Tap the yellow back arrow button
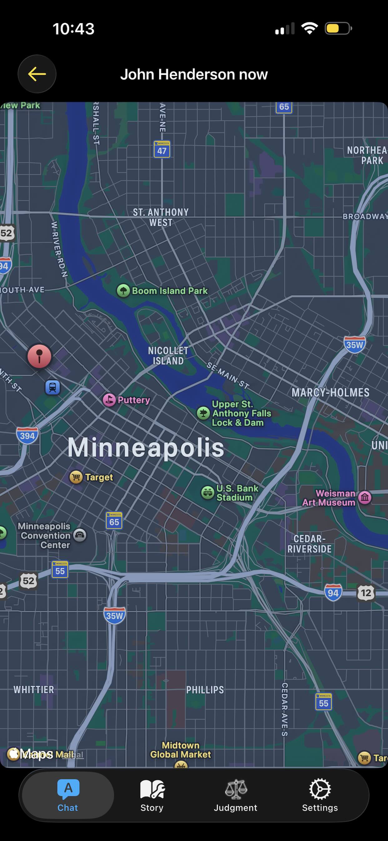37,74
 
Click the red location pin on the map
39,356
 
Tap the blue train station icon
52,388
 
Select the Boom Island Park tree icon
123,290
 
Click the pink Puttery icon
109,400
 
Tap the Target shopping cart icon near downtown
76,477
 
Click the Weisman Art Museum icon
365,497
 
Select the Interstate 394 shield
27,436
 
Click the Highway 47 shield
162,150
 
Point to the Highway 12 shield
366,593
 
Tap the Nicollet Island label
168,356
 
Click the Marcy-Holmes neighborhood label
330,393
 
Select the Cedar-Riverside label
309,544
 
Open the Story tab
152,796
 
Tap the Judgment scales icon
236,789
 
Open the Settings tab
320,796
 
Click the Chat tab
68,796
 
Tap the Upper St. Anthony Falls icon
203,413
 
